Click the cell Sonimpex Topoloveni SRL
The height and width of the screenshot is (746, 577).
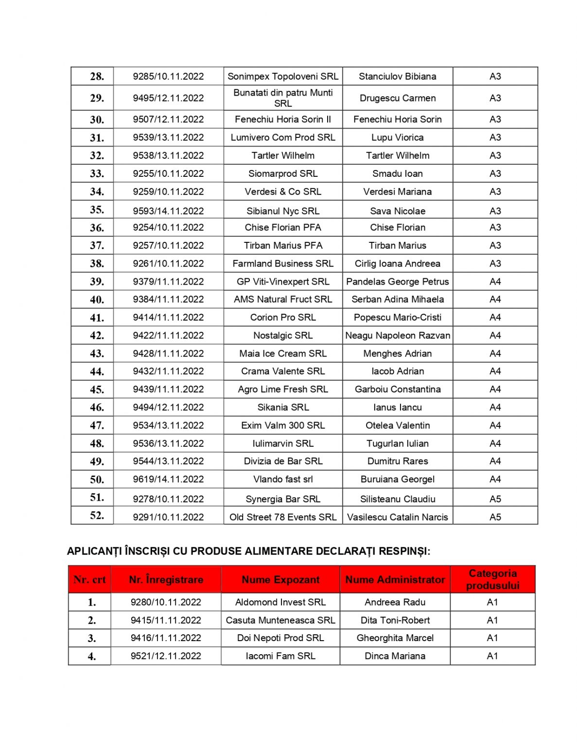(x=282, y=76)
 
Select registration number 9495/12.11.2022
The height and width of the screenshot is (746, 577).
(x=168, y=98)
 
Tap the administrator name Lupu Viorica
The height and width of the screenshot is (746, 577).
(x=397, y=137)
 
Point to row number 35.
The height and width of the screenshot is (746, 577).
(x=97, y=210)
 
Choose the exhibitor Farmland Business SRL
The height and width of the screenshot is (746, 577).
(x=282, y=264)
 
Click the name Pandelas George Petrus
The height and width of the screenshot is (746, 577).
(x=397, y=282)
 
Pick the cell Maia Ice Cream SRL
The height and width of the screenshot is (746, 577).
(x=282, y=354)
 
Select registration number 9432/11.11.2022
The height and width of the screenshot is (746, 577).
(x=168, y=372)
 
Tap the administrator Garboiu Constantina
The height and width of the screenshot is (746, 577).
(x=397, y=390)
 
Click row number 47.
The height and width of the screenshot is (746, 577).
(x=97, y=425)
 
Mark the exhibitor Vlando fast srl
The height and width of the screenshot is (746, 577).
(x=282, y=479)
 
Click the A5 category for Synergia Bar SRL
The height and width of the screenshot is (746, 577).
(x=495, y=499)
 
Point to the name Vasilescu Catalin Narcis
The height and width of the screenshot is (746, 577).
(x=397, y=517)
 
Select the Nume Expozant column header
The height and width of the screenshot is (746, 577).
(x=280, y=579)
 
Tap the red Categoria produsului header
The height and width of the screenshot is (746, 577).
(x=492, y=579)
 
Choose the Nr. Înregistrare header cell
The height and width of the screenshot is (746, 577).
(x=166, y=579)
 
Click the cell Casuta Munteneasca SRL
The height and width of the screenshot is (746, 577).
(x=280, y=620)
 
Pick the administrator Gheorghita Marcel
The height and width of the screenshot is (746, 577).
(x=395, y=638)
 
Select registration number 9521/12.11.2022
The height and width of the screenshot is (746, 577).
(x=166, y=656)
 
